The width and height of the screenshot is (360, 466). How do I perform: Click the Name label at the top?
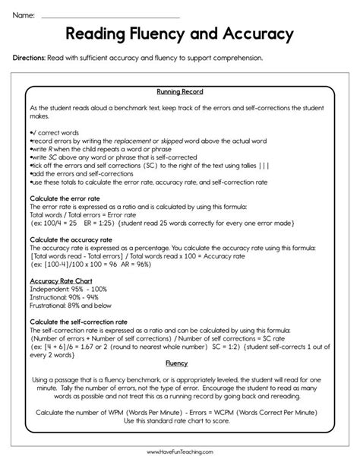coord(24,14)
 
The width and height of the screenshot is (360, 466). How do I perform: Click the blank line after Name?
coord(110,17)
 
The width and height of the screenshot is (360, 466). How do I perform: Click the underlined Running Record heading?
coord(180,91)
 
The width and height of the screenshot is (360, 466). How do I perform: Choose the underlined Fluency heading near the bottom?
coord(177,363)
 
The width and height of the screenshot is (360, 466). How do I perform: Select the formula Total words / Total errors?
coord(68,214)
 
